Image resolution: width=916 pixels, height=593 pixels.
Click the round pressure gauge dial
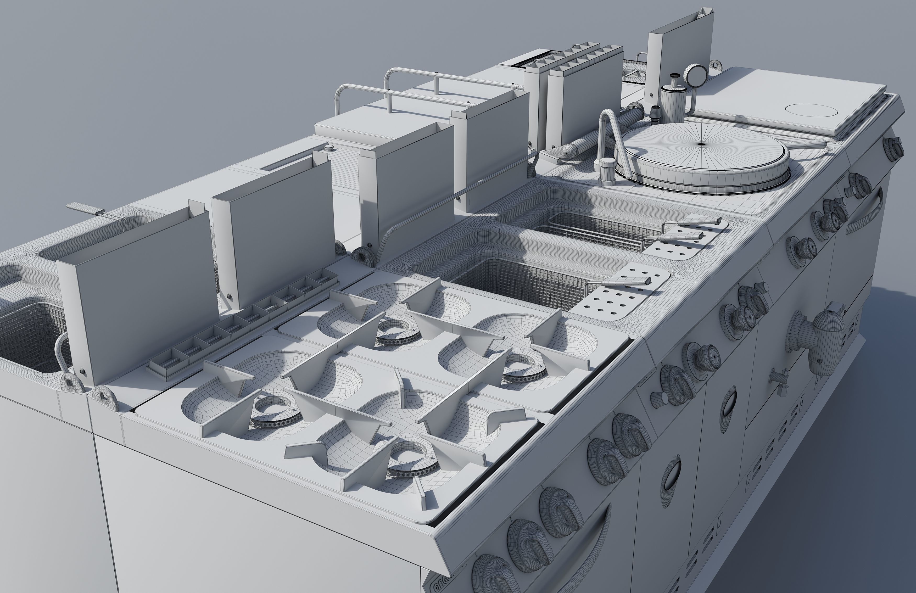(695, 75)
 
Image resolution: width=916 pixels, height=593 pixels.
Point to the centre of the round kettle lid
(701, 144)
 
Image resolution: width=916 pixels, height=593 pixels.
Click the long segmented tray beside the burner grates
(242, 323)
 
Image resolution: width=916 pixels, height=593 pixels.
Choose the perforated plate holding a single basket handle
(623, 293)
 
